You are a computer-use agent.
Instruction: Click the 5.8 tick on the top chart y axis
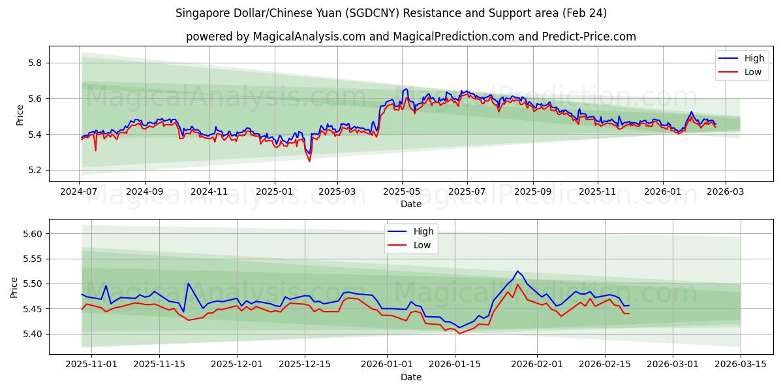pos(34,63)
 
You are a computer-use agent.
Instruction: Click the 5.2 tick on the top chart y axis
pos(34,170)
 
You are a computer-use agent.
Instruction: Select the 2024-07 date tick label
pos(79,192)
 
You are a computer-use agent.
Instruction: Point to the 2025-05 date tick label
pos(402,192)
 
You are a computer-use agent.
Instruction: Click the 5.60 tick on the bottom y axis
pos(31,234)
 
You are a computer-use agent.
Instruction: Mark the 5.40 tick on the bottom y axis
pos(31,334)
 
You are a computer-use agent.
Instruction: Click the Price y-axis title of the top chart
pos(20,115)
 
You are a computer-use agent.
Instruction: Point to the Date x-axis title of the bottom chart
pos(411,377)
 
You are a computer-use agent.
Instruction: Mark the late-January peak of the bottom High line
pos(517,271)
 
